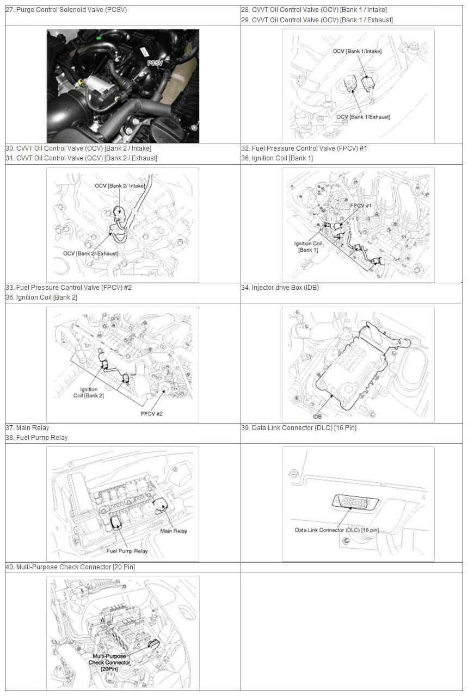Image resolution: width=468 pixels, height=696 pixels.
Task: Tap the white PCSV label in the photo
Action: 155,63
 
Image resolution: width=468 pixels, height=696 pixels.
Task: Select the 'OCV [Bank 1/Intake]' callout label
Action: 357,51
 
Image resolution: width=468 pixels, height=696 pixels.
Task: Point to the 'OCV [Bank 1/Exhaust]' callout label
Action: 363,117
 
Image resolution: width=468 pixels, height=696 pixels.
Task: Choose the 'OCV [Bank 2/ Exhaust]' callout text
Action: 91,253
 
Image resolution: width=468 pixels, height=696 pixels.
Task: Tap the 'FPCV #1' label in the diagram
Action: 361,206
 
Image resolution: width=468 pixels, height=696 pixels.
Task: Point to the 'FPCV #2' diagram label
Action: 152,414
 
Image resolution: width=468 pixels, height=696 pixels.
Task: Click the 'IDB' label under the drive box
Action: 317,417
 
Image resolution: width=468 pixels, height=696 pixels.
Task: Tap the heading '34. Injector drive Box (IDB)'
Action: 280,288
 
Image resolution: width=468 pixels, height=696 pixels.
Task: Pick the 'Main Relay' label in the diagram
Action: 173,531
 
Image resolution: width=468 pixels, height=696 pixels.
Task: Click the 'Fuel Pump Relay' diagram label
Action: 127,551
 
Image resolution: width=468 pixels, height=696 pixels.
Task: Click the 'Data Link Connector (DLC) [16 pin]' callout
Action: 336,530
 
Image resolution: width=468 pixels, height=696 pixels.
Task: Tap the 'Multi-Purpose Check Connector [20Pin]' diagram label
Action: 109,662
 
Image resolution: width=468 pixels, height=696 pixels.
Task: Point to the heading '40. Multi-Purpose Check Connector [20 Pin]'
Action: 70,567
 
